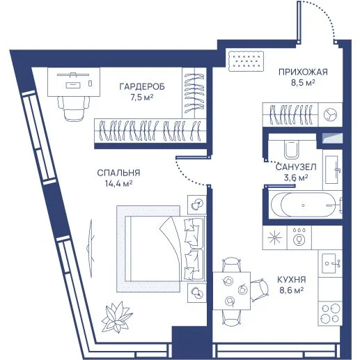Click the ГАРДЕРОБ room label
142,86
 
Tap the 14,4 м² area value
118,184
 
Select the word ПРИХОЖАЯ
303,72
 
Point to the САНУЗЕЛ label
296,167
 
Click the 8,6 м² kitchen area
292,290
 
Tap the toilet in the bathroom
292,149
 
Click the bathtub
306,205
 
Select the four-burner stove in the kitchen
330,313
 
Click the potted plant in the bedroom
117,318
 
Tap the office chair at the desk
74,108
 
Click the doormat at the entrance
246,61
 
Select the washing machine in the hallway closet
330,115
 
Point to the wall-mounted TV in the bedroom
91,248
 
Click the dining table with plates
232,291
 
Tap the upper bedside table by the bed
197,205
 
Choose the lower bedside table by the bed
197,292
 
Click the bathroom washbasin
333,169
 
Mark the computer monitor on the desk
73,75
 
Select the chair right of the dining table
260,290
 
